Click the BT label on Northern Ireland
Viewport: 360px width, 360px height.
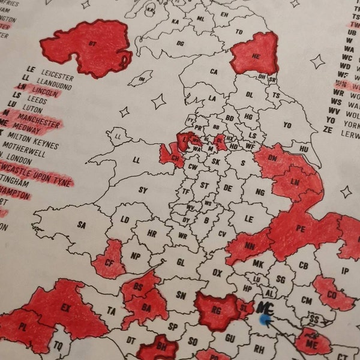click(92, 43)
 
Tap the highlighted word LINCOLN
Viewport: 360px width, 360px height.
click(46, 94)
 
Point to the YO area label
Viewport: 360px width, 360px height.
click(287, 125)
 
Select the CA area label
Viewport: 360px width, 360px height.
click(214, 72)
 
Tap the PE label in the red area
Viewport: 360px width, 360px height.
click(301, 229)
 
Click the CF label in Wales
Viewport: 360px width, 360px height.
click(109, 262)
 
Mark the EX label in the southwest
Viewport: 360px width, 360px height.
click(67, 310)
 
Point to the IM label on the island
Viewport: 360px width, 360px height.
click(142, 80)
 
